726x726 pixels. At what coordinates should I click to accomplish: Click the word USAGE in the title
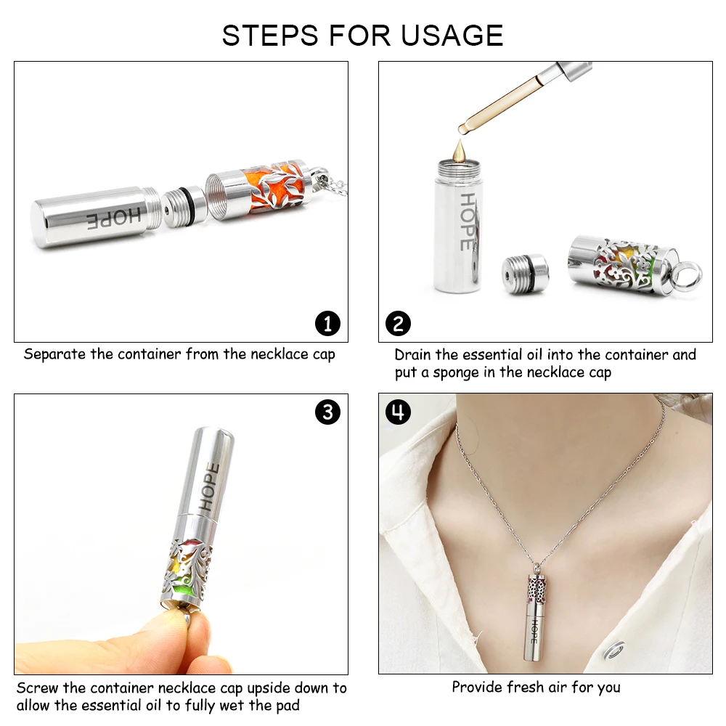click(452, 35)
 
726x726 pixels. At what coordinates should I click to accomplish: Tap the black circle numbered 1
click(327, 323)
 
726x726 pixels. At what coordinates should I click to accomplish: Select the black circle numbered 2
click(398, 323)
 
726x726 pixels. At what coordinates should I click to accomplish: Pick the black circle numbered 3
click(327, 412)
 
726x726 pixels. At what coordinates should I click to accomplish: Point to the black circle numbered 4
click(398, 412)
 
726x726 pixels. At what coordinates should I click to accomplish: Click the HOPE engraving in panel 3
click(208, 486)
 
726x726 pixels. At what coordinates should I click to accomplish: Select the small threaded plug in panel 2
click(525, 274)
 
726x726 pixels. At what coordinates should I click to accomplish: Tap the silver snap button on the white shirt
click(614, 650)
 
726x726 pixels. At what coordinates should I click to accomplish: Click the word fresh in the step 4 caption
click(526, 687)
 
